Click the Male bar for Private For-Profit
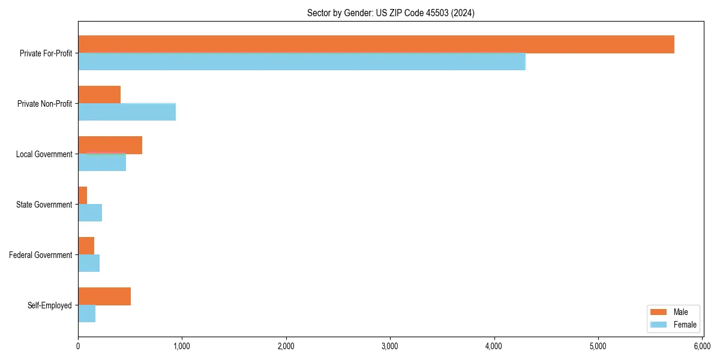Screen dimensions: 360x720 pos(376,44)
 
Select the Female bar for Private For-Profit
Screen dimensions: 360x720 pos(302,62)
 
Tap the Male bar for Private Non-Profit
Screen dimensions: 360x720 pos(100,95)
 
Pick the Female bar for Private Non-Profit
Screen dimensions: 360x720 pos(127,112)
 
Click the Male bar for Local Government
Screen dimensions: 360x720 pos(110,145)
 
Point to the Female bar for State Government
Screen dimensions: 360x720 pos(90,213)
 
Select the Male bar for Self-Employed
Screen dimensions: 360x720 pos(104,296)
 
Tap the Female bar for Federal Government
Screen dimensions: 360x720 pos(89,263)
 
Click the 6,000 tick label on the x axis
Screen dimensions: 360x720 pos(702,346)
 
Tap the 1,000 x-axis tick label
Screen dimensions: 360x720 pos(182,346)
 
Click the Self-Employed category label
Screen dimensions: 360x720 pos(50,305)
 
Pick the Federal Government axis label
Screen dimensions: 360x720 pos(41,255)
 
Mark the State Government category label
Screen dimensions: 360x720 pos(44,205)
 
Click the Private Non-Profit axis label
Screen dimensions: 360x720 pos(45,104)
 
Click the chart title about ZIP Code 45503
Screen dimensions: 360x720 pos(391,13)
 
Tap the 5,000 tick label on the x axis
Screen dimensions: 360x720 pos(598,346)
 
